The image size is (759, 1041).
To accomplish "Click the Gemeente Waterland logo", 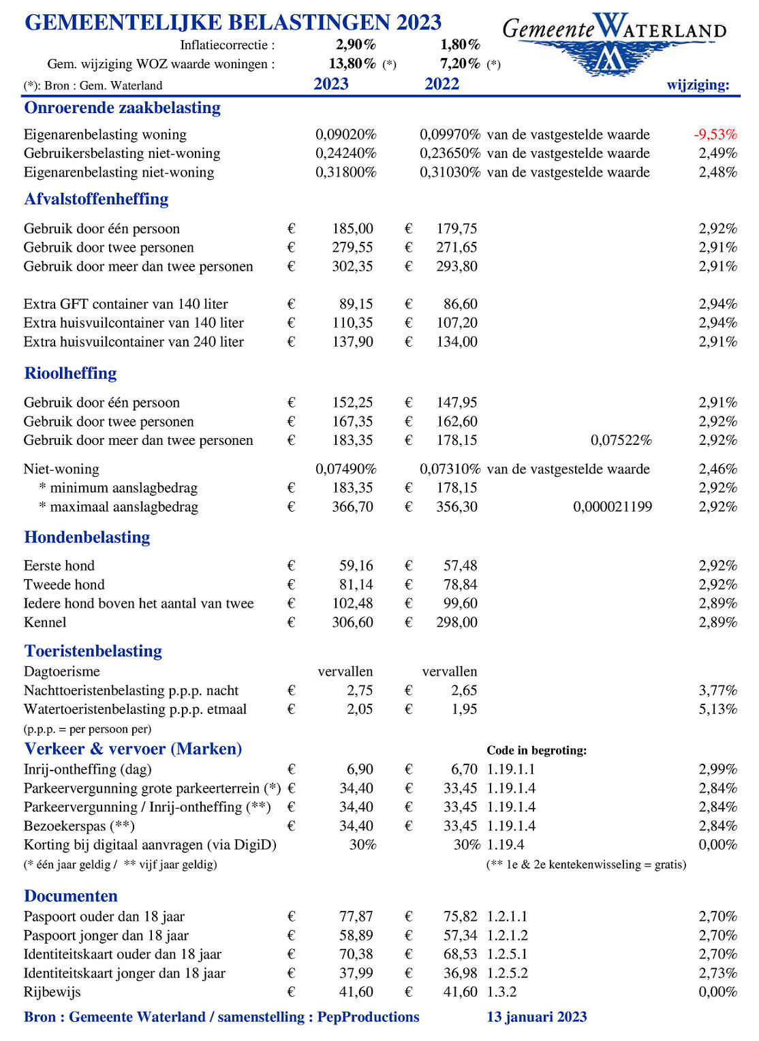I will tap(613, 42).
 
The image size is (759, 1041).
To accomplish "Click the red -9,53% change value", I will tap(715, 134).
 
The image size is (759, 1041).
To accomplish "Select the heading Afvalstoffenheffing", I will tap(96, 199).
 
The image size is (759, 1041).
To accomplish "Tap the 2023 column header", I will tap(331, 84).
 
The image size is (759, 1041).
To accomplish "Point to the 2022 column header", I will tap(442, 84).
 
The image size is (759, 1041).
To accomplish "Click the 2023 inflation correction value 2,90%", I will tap(356, 45).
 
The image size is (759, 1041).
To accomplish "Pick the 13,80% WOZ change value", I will tap(352, 64).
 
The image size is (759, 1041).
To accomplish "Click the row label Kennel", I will tap(45, 622).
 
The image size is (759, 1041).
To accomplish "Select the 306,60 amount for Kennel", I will tap(352, 622).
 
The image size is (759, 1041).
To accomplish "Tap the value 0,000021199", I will tap(613, 507).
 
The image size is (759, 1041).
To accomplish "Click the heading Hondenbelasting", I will tap(87, 537).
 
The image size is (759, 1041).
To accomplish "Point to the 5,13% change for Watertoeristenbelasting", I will tap(717, 709).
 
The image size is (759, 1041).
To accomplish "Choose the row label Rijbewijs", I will tap(52, 992).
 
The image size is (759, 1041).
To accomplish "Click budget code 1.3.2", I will tap(501, 992).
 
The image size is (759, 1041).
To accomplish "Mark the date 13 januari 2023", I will tap(536, 1017).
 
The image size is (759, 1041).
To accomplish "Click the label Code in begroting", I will tap(536, 750).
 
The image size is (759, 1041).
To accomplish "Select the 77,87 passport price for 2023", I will tap(356, 916).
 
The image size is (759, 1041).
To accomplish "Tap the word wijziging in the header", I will tap(698, 84).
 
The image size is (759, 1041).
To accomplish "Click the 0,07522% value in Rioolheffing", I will tap(621, 440).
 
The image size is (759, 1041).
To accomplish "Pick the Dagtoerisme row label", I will tap(61, 671).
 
